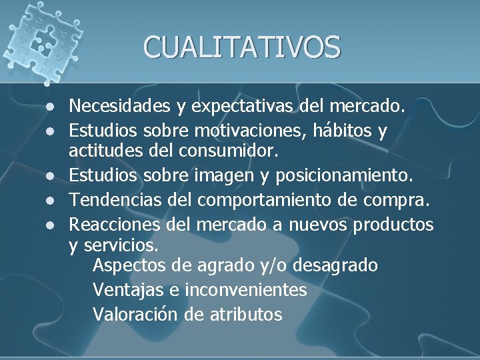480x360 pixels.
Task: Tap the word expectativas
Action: (x=246, y=105)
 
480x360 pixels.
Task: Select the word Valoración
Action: (x=137, y=313)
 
